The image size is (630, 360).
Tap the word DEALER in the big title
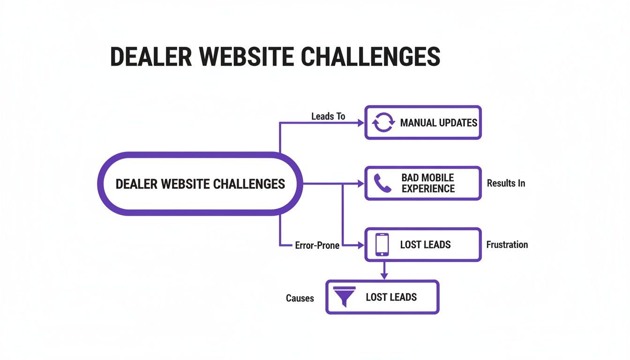tap(150, 57)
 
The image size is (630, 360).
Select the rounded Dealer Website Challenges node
tap(200, 184)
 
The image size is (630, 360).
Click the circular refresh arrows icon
tap(383, 123)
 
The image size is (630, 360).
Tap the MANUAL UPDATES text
tap(438, 123)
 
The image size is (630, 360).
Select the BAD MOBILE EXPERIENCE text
tap(428, 183)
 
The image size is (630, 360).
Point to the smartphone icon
tap(382, 245)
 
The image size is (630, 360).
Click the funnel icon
tap(344, 297)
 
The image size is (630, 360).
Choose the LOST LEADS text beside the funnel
tap(391, 297)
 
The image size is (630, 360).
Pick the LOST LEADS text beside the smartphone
tap(425, 245)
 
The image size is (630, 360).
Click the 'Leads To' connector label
tap(328, 116)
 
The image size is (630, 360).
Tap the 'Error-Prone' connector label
tap(317, 245)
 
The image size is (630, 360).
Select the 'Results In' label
tap(506, 183)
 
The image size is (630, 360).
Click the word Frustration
tap(507, 245)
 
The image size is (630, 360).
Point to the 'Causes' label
tap(300, 298)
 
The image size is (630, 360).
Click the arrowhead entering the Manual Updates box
tap(361, 123)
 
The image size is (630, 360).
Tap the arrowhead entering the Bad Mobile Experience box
tap(361, 184)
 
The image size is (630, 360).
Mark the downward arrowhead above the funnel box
tap(384, 276)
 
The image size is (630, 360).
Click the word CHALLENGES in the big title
tap(370, 57)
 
